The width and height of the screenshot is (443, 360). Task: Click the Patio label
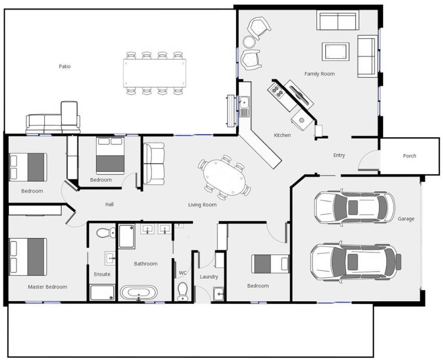pyautogui.click(x=64, y=66)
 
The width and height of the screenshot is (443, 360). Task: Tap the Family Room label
pyautogui.click(x=319, y=74)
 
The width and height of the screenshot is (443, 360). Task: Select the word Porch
pyautogui.click(x=409, y=155)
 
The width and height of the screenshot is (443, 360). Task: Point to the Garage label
pyautogui.click(x=406, y=219)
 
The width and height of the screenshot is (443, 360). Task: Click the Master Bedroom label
pyautogui.click(x=47, y=287)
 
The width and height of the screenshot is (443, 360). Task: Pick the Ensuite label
pyautogui.click(x=102, y=274)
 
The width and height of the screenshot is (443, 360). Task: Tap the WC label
pyautogui.click(x=183, y=273)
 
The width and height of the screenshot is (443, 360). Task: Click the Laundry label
pyautogui.click(x=209, y=277)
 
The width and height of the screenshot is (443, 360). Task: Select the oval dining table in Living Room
pyautogui.click(x=224, y=177)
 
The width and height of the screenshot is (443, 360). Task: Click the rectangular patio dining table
pyautogui.click(x=154, y=73)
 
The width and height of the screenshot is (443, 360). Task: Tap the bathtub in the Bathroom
pyautogui.click(x=139, y=292)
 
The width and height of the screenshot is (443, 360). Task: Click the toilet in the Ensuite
pyautogui.click(x=106, y=233)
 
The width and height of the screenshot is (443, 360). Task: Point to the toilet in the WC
pyautogui.click(x=183, y=291)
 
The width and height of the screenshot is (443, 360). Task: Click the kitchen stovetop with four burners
pyautogui.click(x=276, y=90)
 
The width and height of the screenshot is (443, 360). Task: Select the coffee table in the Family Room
pyautogui.click(x=335, y=51)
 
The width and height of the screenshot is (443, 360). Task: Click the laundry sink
pyautogui.click(x=219, y=294)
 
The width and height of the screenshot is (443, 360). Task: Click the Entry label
pyautogui.click(x=339, y=155)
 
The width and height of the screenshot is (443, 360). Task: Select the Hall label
pyautogui.click(x=109, y=204)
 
